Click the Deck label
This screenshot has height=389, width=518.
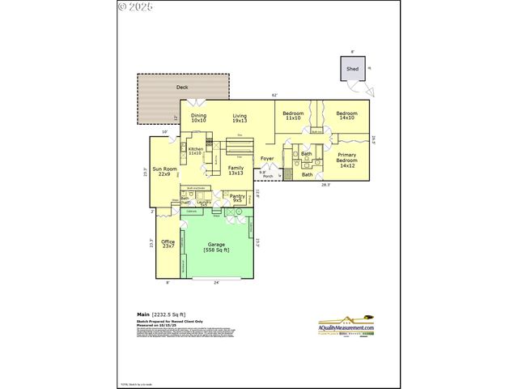(x=182, y=86)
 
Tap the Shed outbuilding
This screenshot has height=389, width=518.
(x=352, y=70)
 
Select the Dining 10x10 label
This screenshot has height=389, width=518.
(x=199, y=118)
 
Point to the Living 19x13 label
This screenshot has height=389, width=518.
(x=240, y=118)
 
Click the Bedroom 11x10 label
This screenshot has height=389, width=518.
(x=293, y=115)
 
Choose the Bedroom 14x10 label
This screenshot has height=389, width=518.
(x=347, y=115)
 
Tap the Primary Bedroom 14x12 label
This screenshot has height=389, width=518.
(x=347, y=160)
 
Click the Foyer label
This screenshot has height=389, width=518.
(x=267, y=158)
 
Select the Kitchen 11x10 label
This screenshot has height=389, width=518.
(x=195, y=151)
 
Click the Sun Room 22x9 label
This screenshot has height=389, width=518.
(x=164, y=172)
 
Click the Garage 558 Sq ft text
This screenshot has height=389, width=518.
(x=217, y=246)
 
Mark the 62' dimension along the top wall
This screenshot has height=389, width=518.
(x=274, y=96)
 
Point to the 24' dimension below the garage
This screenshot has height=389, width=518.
(x=216, y=283)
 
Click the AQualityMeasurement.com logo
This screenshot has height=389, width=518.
(x=346, y=324)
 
